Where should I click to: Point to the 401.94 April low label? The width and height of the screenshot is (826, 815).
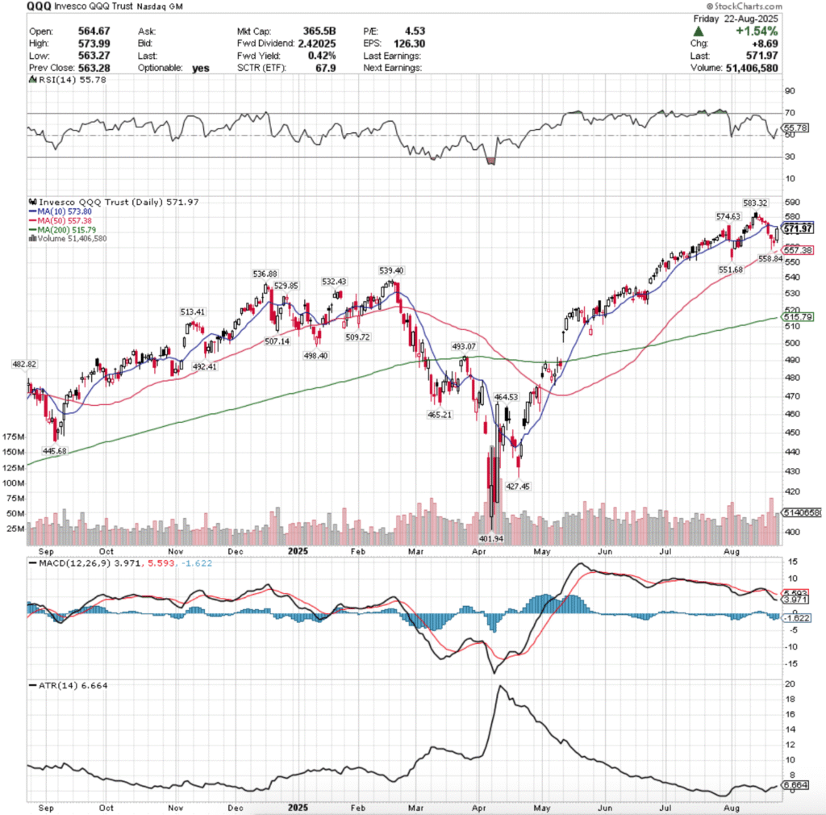click(491, 537)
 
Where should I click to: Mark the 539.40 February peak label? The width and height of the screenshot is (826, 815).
click(392, 270)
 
